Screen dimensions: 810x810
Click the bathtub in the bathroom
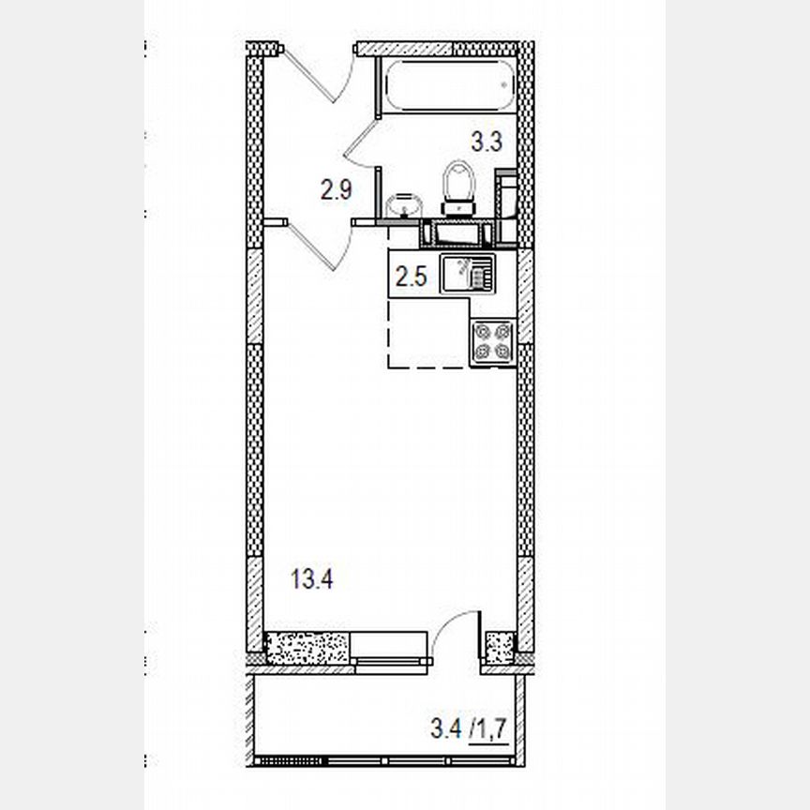point(450,85)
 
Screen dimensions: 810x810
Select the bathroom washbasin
point(404,205)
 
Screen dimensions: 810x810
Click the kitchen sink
point(468,275)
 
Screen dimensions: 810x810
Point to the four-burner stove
point(492,341)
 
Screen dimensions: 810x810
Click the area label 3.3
point(487,142)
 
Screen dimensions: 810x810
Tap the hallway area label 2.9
point(337,189)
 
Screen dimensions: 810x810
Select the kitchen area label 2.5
point(412,277)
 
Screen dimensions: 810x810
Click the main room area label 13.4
point(312,578)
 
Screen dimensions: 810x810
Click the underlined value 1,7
point(489,729)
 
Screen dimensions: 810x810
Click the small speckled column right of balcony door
point(500,648)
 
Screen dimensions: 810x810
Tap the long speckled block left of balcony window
point(307,648)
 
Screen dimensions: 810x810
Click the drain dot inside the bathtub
point(504,84)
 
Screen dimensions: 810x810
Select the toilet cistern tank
point(457,208)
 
